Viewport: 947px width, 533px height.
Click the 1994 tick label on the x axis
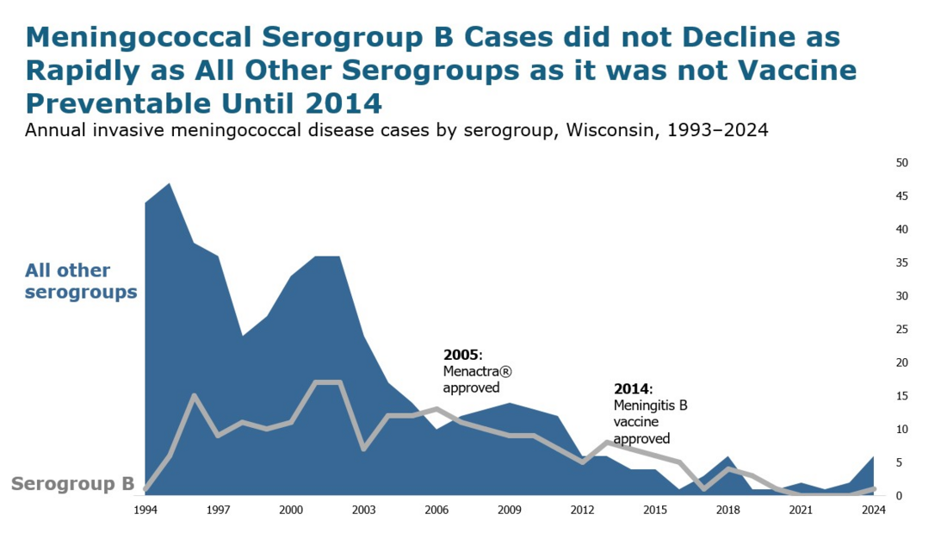(145, 510)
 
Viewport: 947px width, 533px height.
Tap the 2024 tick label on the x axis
(875, 510)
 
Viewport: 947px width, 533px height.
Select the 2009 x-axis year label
(510, 510)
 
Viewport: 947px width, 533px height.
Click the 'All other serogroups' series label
(81, 281)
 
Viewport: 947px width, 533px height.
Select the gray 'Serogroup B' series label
(72, 484)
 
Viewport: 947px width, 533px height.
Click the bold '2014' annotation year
(632, 388)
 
